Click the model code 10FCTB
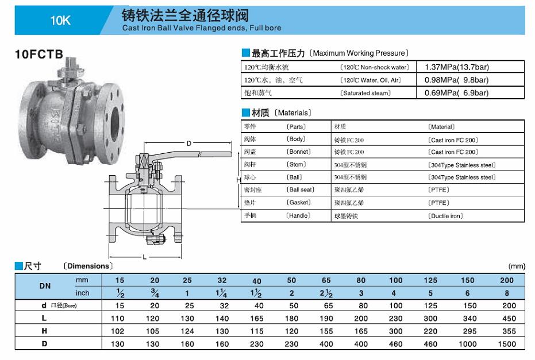pyautogui.click(x=39, y=54)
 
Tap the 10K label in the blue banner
pyautogui.click(x=60, y=21)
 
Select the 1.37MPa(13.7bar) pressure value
pyautogui.click(x=456, y=67)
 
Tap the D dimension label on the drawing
pyautogui.click(x=188, y=144)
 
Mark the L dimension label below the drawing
pyautogui.click(x=145, y=257)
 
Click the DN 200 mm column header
pyautogui.click(x=507, y=280)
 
